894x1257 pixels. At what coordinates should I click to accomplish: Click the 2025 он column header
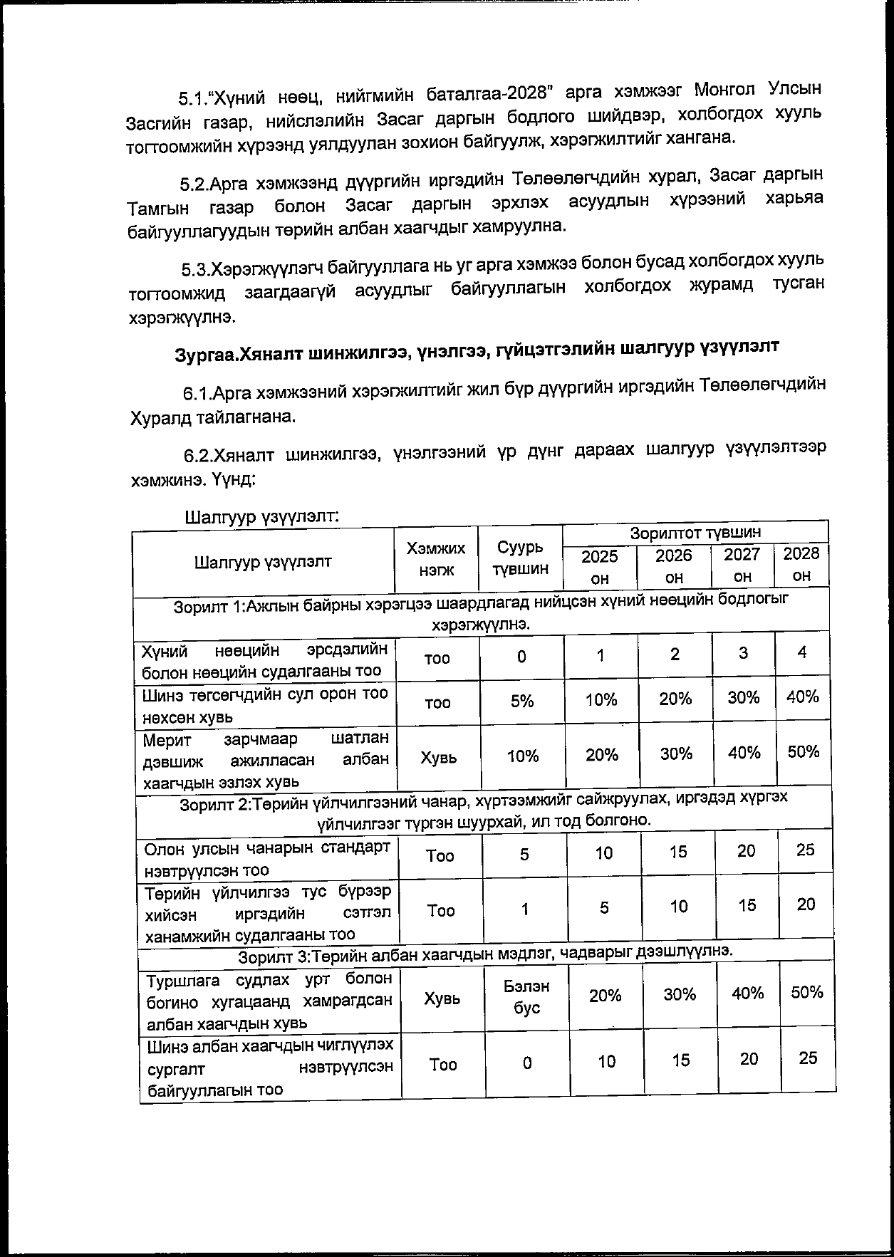(x=600, y=566)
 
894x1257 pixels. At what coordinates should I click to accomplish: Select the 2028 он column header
(x=801, y=564)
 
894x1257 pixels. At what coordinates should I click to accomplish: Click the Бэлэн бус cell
(x=526, y=997)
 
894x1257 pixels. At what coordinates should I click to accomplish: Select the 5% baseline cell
(x=521, y=701)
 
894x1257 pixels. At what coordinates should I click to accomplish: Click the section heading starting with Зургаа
(x=477, y=350)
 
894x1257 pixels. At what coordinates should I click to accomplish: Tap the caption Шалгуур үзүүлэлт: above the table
(x=261, y=516)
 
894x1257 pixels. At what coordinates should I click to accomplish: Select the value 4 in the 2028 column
(x=802, y=653)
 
